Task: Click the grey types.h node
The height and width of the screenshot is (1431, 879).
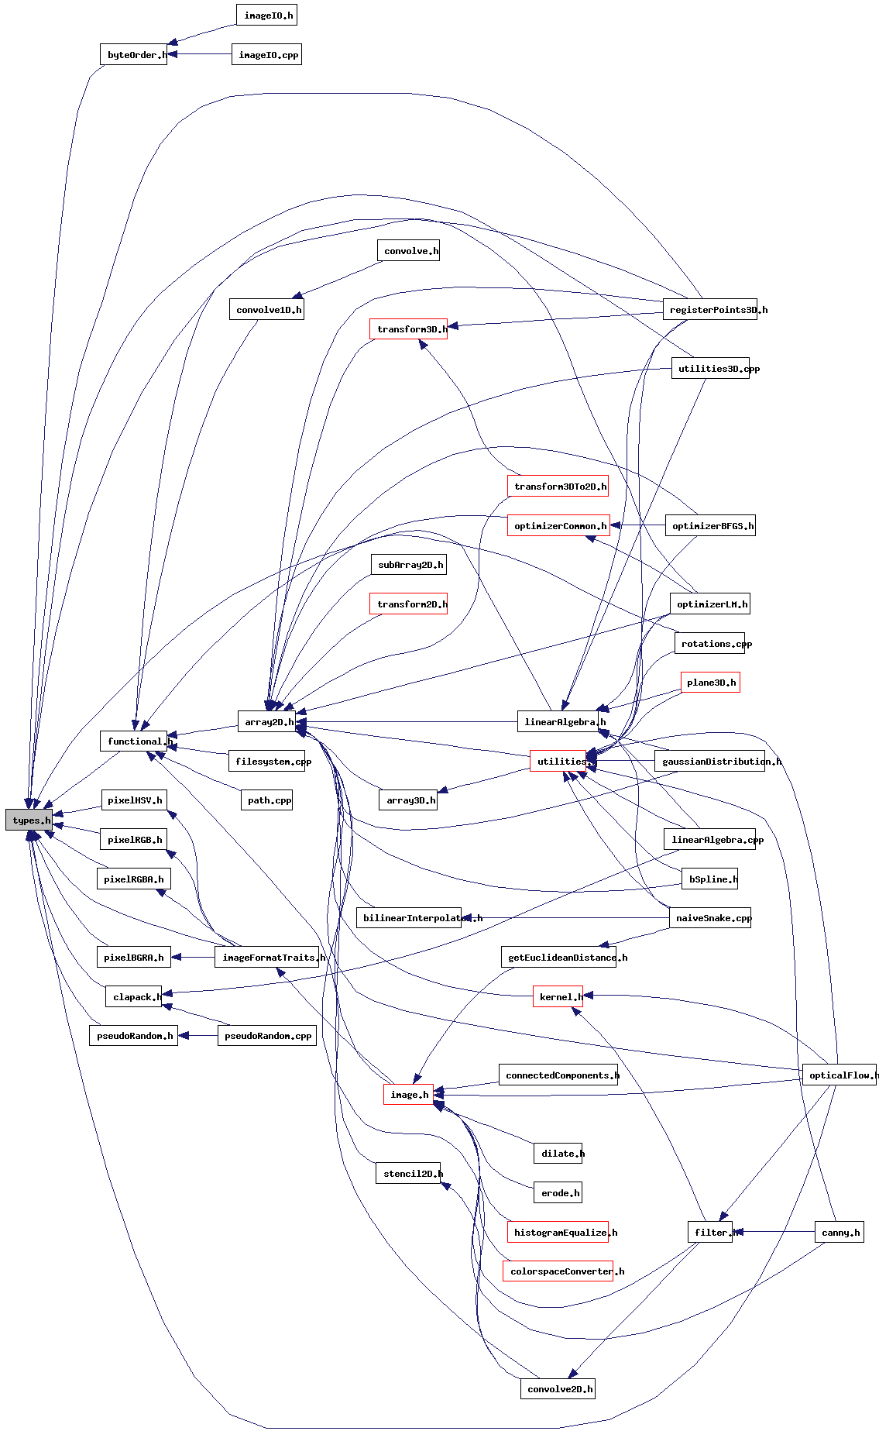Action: [29, 820]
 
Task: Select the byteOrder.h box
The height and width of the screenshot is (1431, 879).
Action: [133, 54]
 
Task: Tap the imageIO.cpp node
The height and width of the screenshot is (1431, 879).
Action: [266, 54]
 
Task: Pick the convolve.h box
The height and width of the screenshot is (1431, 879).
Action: [408, 250]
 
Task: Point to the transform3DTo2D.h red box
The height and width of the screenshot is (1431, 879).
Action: [558, 486]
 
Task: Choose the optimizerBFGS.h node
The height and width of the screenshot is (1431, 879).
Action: [710, 525]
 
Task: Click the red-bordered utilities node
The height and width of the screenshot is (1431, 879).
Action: [558, 761]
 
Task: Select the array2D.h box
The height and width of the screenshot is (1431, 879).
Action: [266, 721]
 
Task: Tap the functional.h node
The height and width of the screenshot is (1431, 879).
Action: [133, 741]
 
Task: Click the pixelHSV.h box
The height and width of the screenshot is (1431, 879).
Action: [135, 800]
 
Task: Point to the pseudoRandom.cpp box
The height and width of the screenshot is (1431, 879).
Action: [267, 1035]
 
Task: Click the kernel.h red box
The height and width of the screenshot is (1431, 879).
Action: [558, 996]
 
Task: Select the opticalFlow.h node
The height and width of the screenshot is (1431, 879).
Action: [840, 1075]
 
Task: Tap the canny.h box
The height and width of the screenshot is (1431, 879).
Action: [840, 1232]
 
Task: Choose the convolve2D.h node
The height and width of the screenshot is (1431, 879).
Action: [558, 1388]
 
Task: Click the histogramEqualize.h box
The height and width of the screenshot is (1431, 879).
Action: [558, 1232]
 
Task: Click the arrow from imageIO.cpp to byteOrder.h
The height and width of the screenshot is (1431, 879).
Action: [200, 54]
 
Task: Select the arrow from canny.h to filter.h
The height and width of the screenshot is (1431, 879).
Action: [774, 1231]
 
